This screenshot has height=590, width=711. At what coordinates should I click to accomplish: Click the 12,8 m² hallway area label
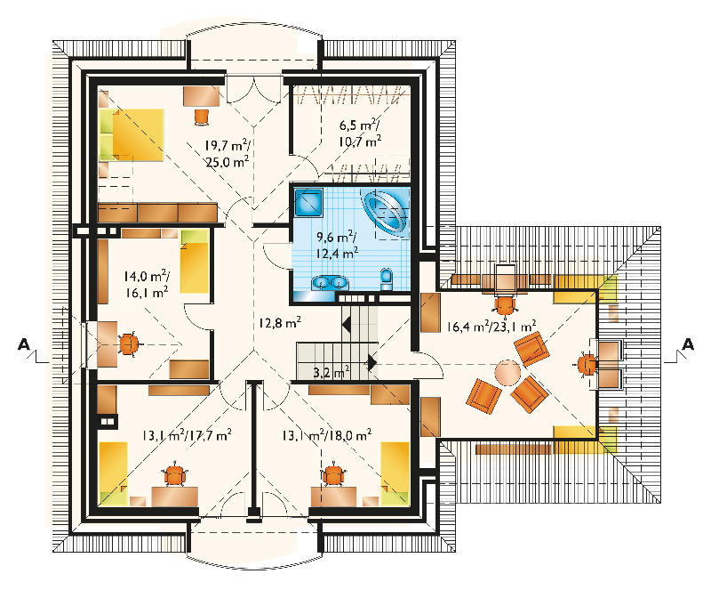click(x=280, y=322)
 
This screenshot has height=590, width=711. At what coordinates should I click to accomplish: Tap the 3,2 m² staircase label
click(x=332, y=372)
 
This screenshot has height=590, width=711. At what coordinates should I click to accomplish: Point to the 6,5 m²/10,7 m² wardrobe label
click(x=360, y=133)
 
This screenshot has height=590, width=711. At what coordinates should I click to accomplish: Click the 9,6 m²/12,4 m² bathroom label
click(x=337, y=244)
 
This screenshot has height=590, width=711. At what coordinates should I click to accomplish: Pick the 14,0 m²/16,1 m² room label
click(x=147, y=284)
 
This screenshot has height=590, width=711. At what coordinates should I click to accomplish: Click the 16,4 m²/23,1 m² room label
click(x=491, y=326)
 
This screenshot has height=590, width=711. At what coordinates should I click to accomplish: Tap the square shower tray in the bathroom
click(x=308, y=203)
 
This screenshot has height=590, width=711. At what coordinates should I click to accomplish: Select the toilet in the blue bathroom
click(x=387, y=279)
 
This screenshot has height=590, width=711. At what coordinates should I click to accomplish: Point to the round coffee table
click(x=507, y=373)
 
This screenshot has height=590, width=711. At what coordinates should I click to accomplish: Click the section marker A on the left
click(x=24, y=343)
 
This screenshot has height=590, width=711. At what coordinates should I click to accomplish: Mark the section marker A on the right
click(x=688, y=343)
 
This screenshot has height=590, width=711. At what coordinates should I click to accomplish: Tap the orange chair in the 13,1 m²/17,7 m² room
click(x=175, y=474)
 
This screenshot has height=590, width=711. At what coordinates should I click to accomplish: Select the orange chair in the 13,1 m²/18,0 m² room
click(x=333, y=474)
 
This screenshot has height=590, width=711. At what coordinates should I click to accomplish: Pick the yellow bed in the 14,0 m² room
click(x=195, y=261)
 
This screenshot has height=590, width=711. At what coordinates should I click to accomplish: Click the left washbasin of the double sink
click(x=321, y=282)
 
